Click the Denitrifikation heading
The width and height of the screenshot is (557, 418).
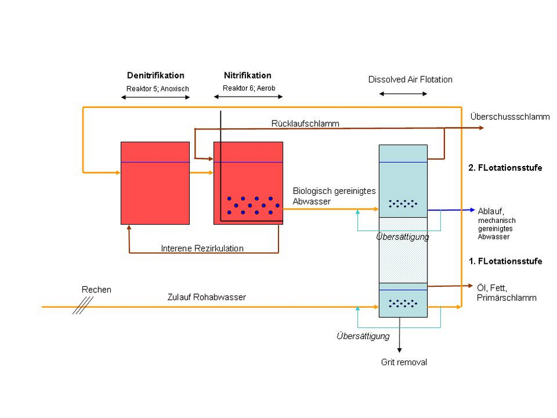[x=156, y=75]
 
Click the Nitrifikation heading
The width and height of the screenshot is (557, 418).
[x=248, y=75]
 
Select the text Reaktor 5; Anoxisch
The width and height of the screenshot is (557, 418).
[x=158, y=88]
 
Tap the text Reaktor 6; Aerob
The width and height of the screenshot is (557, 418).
[x=249, y=88]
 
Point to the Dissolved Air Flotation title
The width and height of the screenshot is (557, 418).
[x=410, y=79]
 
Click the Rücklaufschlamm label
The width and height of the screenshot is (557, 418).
[x=305, y=123]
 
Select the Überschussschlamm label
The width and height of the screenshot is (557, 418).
[x=510, y=117]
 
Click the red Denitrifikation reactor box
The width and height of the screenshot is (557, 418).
[x=155, y=183]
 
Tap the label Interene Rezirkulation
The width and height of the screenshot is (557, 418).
[x=202, y=248]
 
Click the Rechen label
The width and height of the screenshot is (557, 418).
[x=96, y=290]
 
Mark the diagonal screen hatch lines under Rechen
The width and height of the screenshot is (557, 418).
[x=83, y=306]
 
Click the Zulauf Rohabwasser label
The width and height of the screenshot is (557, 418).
[x=207, y=297]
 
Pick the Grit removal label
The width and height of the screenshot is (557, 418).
[x=404, y=362]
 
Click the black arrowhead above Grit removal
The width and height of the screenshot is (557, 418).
[x=399, y=350]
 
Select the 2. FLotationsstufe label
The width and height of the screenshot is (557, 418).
[x=505, y=168]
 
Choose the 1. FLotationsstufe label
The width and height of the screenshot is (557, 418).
[x=505, y=261]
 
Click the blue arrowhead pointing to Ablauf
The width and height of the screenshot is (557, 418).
[x=472, y=210]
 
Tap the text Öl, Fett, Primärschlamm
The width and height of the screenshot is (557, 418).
[x=507, y=292]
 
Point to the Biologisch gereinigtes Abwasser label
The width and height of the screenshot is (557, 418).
[x=334, y=196]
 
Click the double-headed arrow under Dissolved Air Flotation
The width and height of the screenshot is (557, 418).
[x=403, y=94]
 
